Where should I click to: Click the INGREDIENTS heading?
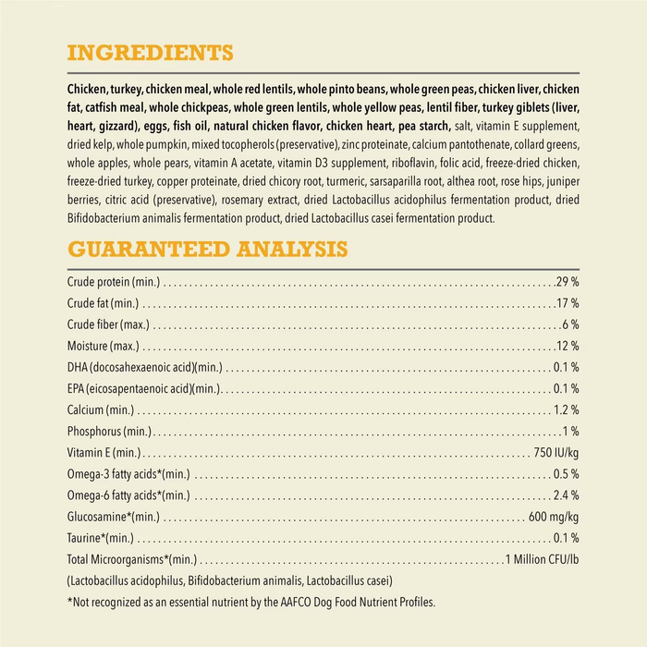point(150,52)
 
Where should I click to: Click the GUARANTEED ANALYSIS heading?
point(207,250)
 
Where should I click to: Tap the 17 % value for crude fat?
point(568,302)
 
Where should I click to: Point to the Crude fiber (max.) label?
point(108,324)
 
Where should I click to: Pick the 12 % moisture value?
point(568,346)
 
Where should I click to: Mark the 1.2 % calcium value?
point(566,409)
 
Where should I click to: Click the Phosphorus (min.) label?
point(109,431)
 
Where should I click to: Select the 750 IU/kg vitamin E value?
point(556,452)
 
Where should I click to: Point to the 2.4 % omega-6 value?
point(566,495)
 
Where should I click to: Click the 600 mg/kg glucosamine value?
point(554,517)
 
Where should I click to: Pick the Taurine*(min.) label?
point(101,538)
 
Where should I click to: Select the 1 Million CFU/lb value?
point(542,559)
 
